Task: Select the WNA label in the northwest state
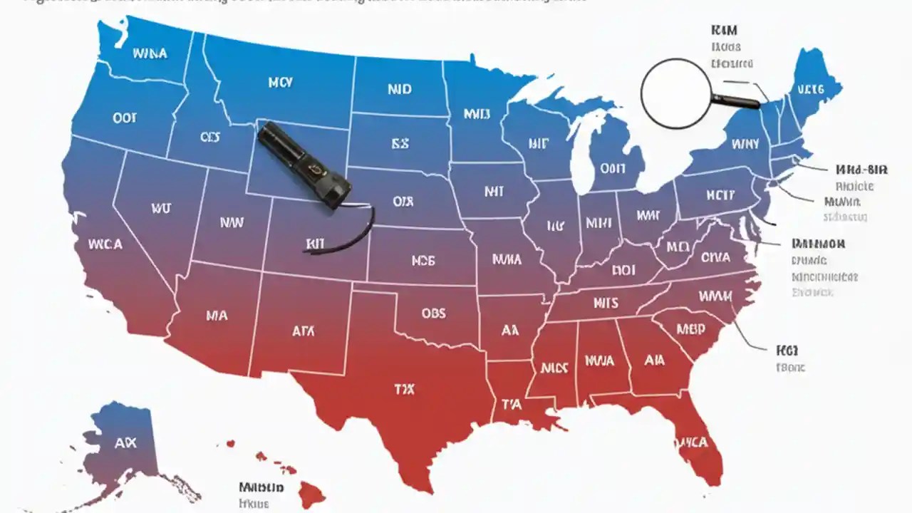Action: (x=150, y=53)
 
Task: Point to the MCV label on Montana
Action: (x=280, y=83)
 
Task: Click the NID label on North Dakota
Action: (x=400, y=90)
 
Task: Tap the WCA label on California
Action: (x=105, y=244)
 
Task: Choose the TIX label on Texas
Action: (x=404, y=390)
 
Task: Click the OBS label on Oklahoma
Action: (x=432, y=314)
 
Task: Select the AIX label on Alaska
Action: (x=125, y=443)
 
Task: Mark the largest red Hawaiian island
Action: (x=312, y=492)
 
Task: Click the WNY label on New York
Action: (x=745, y=144)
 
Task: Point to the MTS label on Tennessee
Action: (x=606, y=304)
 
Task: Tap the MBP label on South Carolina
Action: (x=690, y=329)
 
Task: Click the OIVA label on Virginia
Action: (x=715, y=256)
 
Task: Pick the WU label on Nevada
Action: (x=161, y=209)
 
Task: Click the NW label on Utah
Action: (x=232, y=222)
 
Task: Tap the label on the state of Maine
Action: (x=810, y=89)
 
